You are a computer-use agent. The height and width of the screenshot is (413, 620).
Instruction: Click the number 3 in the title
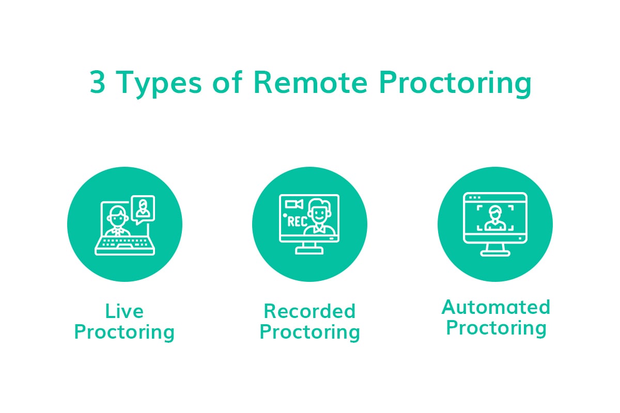[97, 83]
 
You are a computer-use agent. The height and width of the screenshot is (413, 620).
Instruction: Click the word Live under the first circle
[124, 311]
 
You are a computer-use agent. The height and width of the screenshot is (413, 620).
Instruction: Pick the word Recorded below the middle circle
[309, 311]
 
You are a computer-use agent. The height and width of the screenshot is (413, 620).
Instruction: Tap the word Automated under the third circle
[495, 307]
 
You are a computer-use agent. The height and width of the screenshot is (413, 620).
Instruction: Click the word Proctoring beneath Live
[124, 332]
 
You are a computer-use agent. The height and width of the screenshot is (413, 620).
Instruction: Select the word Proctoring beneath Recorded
[309, 332]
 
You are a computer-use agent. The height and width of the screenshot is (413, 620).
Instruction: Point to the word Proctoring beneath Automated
[495, 328]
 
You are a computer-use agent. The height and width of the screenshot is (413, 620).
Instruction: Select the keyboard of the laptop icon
[125, 245]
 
